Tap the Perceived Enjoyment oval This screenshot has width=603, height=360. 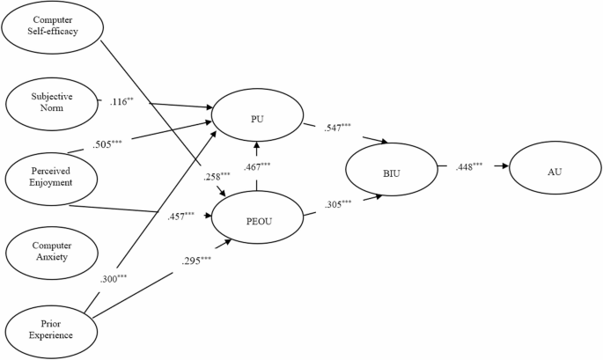click(50, 177)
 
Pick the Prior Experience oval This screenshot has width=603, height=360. click(50, 327)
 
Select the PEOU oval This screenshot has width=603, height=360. click(255, 220)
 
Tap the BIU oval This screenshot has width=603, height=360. click(392, 173)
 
